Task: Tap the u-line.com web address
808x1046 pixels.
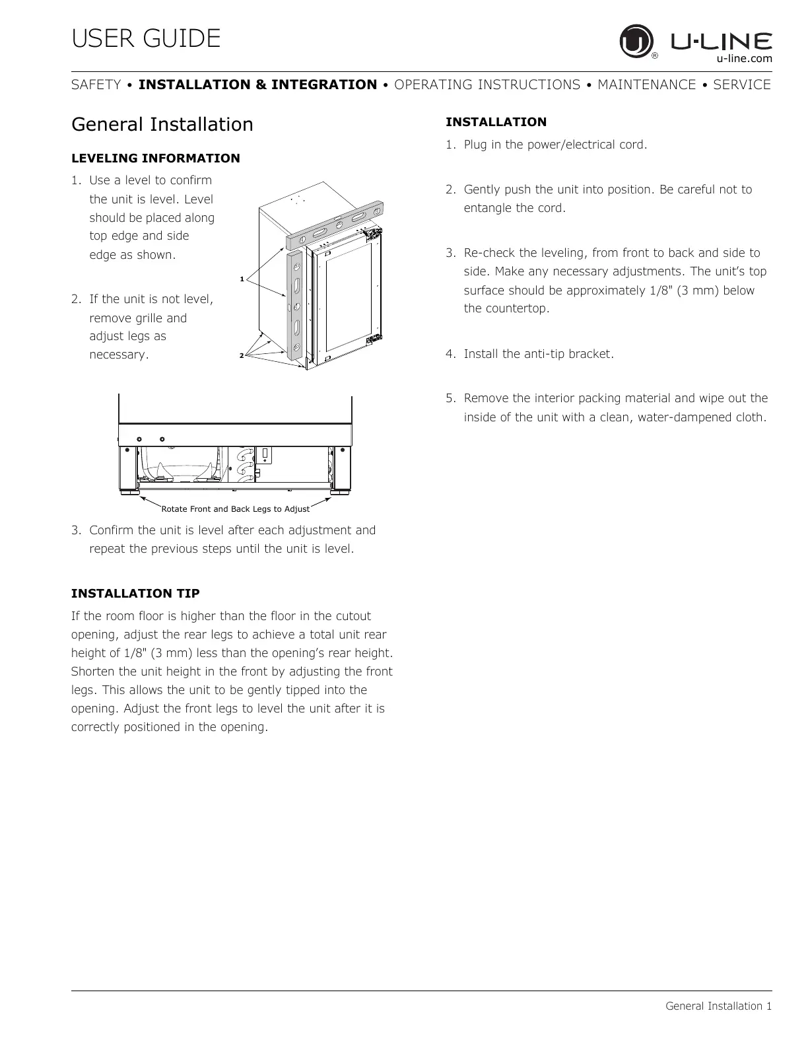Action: (744, 59)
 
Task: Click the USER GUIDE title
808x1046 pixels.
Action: (146, 38)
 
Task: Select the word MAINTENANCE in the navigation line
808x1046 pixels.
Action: (646, 85)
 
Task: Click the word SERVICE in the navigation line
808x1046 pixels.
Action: (742, 85)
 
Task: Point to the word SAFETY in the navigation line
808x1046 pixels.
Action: (96, 85)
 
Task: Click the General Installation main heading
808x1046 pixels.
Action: (162, 124)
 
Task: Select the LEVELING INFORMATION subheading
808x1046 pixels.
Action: (155, 158)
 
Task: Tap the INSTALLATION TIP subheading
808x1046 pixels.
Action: (135, 593)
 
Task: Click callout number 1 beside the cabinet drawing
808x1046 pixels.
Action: (242, 279)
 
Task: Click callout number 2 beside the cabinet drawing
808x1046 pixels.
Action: (241, 356)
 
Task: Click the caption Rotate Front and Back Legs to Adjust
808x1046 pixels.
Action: (235, 509)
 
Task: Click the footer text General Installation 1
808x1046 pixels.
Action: (718, 1006)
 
